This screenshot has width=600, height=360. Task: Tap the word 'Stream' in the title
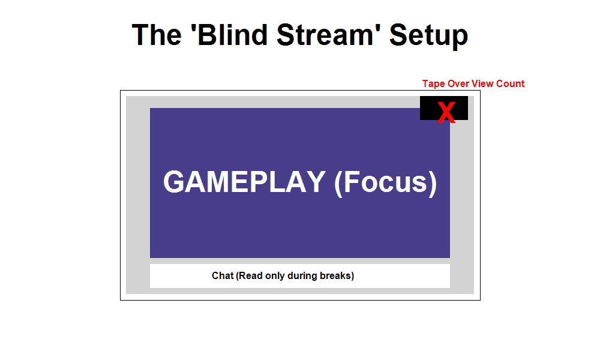328,35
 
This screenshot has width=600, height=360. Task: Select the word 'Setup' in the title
428,35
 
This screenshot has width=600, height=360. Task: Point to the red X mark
446,113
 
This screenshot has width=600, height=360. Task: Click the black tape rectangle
429,108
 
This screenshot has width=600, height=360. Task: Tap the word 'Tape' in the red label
433,84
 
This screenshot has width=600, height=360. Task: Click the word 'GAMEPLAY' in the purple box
244,182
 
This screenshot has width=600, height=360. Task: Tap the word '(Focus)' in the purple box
385,182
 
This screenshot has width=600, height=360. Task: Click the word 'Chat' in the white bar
222,276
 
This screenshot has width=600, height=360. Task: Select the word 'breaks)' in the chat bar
337,276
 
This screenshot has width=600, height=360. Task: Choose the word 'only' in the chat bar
275,276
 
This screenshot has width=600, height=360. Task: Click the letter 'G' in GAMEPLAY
175,182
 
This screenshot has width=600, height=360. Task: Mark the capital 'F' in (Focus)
352,182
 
